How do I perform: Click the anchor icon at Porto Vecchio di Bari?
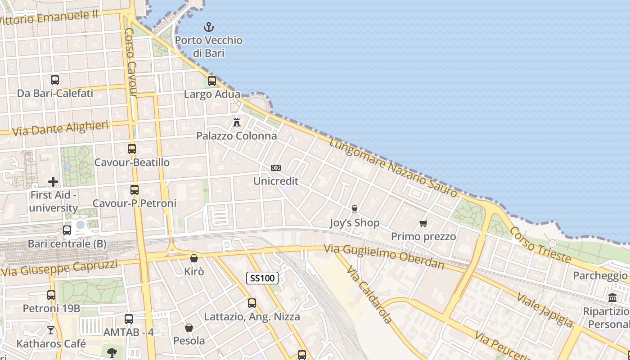(x=208, y=27)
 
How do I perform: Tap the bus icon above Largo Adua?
(x=212, y=81)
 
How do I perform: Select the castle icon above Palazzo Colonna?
(x=237, y=122)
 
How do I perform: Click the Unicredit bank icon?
(x=276, y=168)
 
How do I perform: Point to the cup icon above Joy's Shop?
(x=355, y=209)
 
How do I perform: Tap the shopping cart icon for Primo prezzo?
(x=423, y=223)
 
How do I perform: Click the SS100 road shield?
(x=262, y=278)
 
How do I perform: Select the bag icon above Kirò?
(x=194, y=258)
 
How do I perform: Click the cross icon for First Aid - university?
(x=53, y=182)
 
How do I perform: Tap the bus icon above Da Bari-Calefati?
(x=55, y=80)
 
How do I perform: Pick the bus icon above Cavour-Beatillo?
(x=132, y=149)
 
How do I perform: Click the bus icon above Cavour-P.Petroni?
(x=135, y=190)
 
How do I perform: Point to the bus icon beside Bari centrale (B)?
(x=67, y=230)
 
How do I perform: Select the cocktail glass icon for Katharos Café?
(x=51, y=330)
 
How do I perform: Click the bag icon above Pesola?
(x=189, y=327)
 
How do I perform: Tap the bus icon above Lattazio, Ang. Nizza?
(x=252, y=303)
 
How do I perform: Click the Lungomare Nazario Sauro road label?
(x=393, y=167)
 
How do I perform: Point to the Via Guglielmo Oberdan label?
(x=384, y=256)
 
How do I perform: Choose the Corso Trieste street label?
(x=540, y=245)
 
